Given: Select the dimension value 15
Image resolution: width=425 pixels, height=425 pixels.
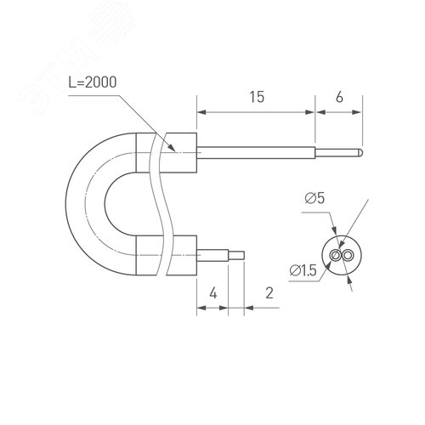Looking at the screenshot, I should [x=256, y=97].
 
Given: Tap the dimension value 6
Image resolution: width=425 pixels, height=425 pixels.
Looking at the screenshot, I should [x=339, y=97].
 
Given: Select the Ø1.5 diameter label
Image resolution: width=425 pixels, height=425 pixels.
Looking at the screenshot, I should [x=303, y=270].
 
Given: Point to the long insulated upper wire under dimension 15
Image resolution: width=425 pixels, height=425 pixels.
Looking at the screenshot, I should [x=256, y=153].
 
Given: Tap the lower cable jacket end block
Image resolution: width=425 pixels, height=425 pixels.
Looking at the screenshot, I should [x=181, y=254].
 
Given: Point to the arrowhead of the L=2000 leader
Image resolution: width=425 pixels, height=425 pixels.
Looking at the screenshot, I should [x=177, y=150].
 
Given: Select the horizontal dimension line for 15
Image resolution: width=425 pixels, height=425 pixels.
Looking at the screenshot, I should [x=256, y=110].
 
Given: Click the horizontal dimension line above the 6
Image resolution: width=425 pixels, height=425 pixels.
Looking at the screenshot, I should [x=339, y=110].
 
